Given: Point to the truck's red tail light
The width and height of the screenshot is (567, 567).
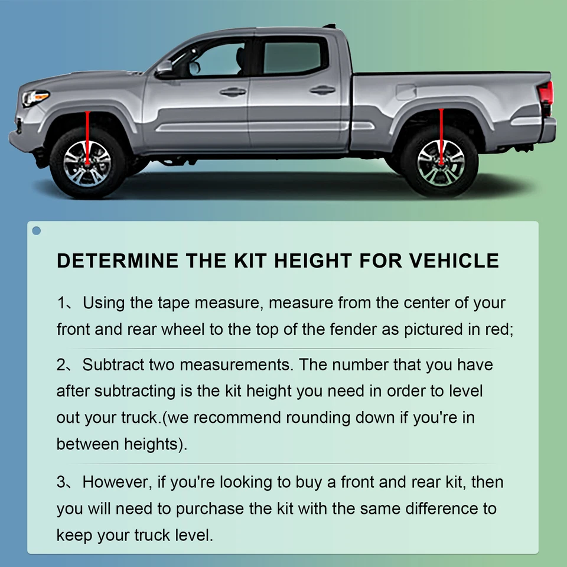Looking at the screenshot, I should pos(546,94).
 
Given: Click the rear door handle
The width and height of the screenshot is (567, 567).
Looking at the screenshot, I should pos(322,90).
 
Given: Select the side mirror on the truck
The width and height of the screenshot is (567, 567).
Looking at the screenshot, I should pos(165,67).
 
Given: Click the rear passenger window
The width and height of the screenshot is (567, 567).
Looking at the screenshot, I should pos(292,57).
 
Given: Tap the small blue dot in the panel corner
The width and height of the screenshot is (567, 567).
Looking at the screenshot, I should pos(37,230).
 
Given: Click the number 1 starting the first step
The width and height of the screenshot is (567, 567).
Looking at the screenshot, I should pos(61,304).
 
